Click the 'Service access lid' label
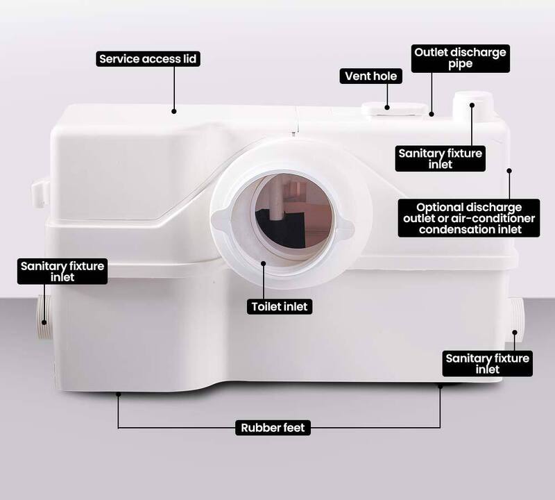(x=148, y=59)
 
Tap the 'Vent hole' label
(x=371, y=76)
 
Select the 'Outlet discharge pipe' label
(x=461, y=58)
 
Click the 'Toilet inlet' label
(x=280, y=306)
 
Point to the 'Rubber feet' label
(x=273, y=428)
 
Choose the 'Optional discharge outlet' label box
(x=469, y=218)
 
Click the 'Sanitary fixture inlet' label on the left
(x=62, y=272)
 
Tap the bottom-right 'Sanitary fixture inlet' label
(x=488, y=364)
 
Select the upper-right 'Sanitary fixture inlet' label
(x=441, y=159)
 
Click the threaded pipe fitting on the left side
(x=44, y=318)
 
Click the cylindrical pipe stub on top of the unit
(x=472, y=106)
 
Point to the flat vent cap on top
(x=395, y=109)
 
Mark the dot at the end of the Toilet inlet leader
(x=264, y=263)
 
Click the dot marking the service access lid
(x=174, y=111)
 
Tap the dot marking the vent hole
(x=387, y=108)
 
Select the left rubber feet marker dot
(x=119, y=394)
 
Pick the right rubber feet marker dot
(x=441, y=386)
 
